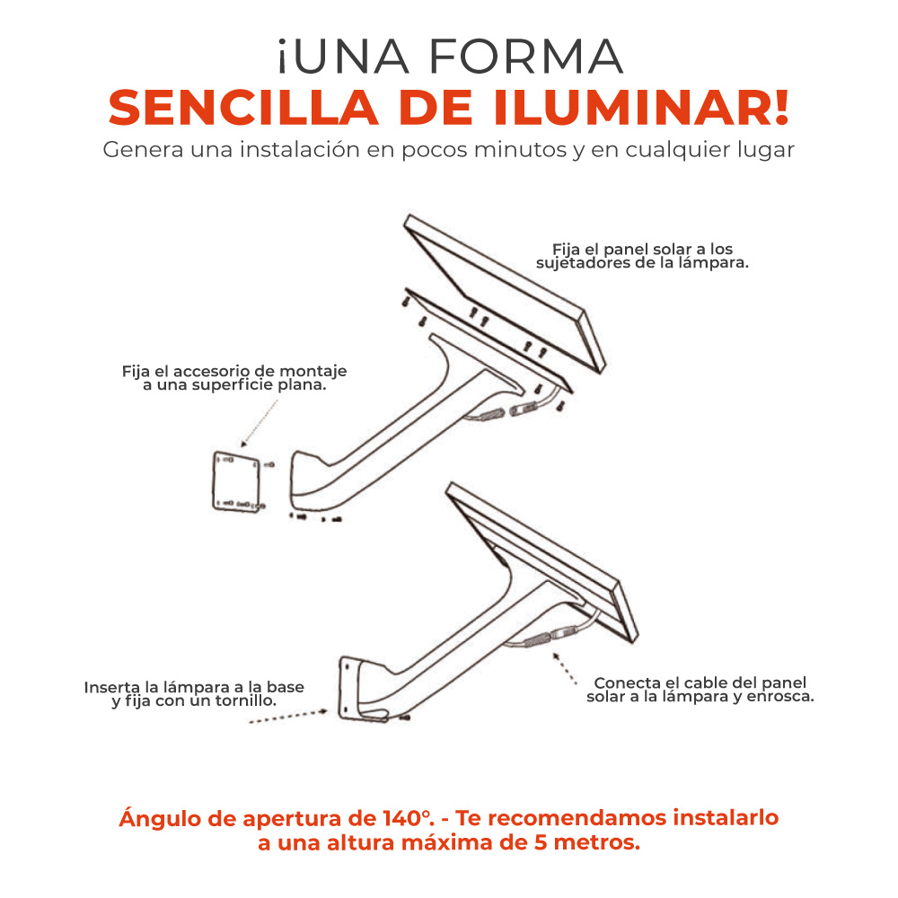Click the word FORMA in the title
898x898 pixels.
pyautogui.click(x=525, y=56)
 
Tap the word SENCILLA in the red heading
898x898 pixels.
pyautogui.click(x=243, y=107)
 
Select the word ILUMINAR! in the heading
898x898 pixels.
pyautogui.click(x=641, y=107)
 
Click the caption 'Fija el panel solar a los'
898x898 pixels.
pyautogui.click(x=643, y=249)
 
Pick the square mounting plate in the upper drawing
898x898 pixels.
pyautogui.click(x=236, y=481)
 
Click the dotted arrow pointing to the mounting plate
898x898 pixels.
pyautogui.click(x=260, y=423)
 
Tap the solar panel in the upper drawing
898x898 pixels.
pyautogui.click(x=504, y=294)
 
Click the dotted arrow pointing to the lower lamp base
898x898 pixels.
pyautogui.click(x=288, y=717)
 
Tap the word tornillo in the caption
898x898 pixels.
pyautogui.click(x=244, y=701)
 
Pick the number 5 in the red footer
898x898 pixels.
pyautogui.click(x=541, y=842)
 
